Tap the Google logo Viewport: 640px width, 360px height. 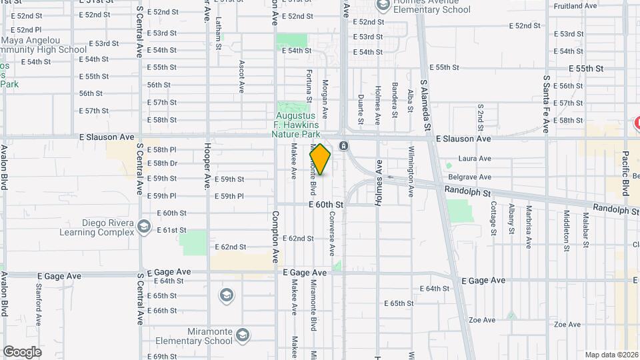pos(22,352)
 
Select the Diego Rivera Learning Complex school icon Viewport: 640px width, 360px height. pos(143,227)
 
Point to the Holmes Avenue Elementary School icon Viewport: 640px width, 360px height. pos(383,5)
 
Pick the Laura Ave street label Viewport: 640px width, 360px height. pos(475,159)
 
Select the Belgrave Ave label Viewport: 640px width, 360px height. pos(475,177)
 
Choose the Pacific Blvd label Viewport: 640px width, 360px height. pos(626,174)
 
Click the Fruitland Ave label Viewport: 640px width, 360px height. pos(575,6)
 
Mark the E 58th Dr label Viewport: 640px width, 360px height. pos(162,163)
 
